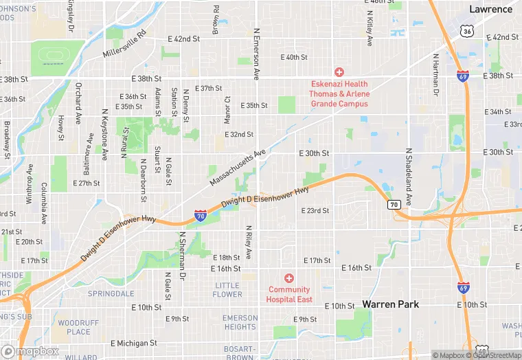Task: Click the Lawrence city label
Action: [x=490, y=9]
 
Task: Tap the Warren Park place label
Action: [x=390, y=304]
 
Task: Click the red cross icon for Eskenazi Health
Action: [x=339, y=72]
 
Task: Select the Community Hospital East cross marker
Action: [x=289, y=278]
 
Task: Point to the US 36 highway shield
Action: [x=467, y=31]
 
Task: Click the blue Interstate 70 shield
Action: [x=200, y=216]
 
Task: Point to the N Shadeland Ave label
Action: [x=408, y=176]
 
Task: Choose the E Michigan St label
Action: [x=134, y=342]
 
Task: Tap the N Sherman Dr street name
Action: [x=183, y=255]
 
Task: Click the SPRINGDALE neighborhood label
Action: [x=111, y=293]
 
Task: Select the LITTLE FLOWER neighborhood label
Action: [x=227, y=290]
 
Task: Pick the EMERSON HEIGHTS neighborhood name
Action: [x=240, y=322]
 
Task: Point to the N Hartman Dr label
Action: [x=435, y=74]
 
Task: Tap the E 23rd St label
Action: [x=315, y=210]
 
